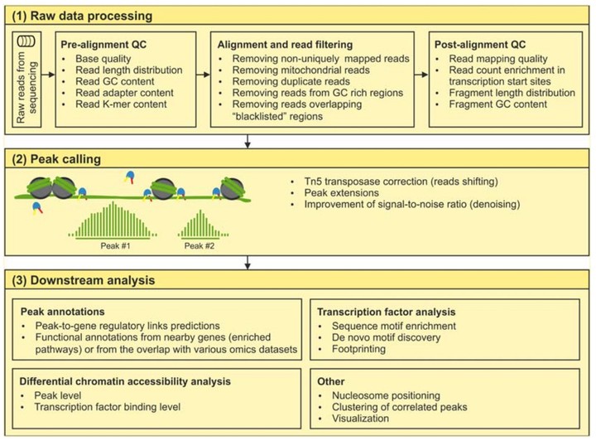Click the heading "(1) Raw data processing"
click(x=82, y=16)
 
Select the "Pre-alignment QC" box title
click(x=103, y=45)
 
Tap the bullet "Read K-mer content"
click(x=121, y=104)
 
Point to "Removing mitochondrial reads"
click(x=301, y=70)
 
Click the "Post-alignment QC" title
click(x=480, y=45)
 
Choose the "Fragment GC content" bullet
click(x=498, y=104)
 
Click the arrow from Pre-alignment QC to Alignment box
click(x=204, y=75)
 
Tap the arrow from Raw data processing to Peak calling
click(x=248, y=141)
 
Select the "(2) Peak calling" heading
click(x=56, y=159)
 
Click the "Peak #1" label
click(x=115, y=246)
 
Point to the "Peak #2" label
click(x=199, y=246)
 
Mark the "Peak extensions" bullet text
click(x=341, y=193)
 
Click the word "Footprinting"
click(x=358, y=349)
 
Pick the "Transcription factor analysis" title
click(x=387, y=312)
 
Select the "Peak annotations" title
click(x=62, y=312)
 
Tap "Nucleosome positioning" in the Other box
click(x=387, y=395)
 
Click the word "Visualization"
click(x=360, y=419)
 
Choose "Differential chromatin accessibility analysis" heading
click(x=125, y=381)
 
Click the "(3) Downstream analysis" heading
click(x=84, y=280)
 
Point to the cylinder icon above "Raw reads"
click(x=26, y=41)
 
